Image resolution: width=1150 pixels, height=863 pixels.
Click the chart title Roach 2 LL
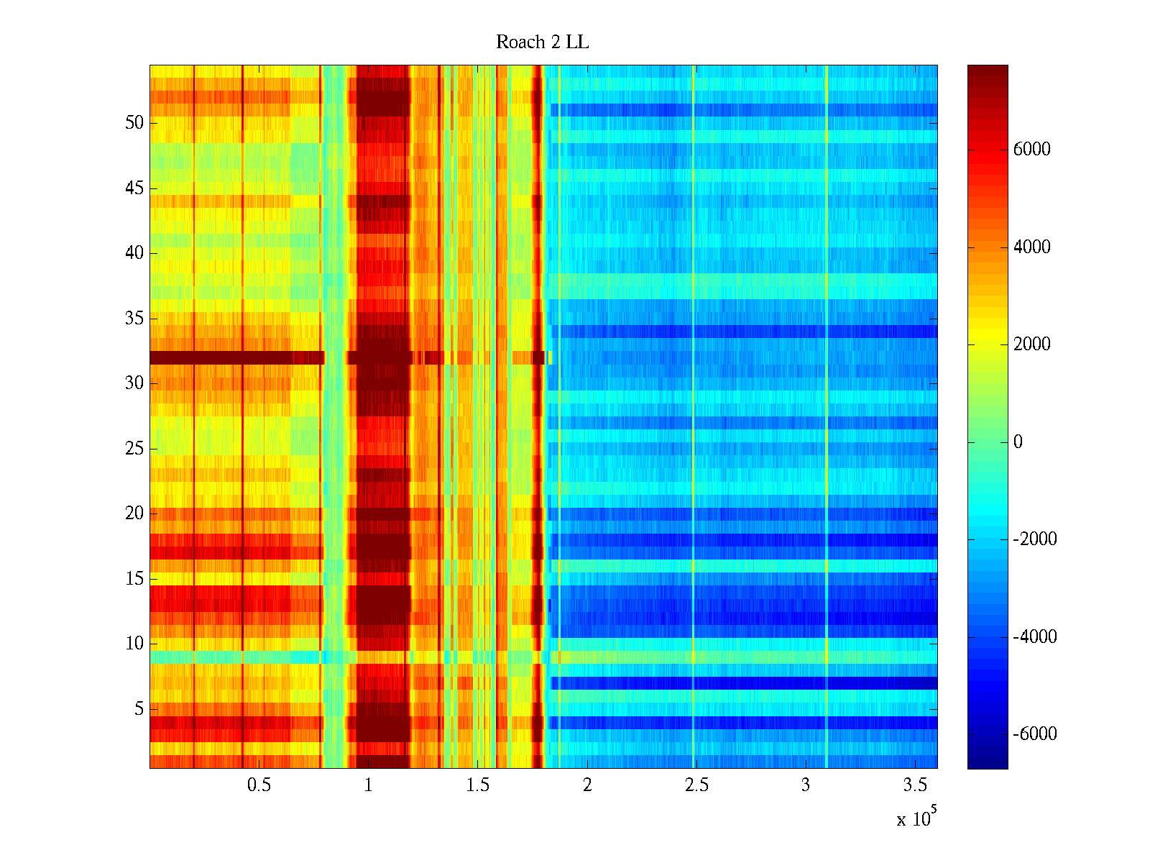click(x=542, y=42)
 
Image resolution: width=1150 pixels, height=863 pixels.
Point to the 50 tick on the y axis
click(x=134, y=123)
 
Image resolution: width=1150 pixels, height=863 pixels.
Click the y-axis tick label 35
click(x=134, y=318)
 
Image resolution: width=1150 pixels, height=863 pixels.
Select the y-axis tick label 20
click(x=134, y=513)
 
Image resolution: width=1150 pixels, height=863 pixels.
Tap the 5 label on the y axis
click(x=139, y=709)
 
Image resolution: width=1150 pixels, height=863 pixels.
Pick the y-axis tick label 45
click(x=134, y=188)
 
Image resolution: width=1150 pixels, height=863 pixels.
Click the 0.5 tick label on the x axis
click(x=259, y=785)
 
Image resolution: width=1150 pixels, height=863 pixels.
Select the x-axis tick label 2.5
click(x=696, y=785)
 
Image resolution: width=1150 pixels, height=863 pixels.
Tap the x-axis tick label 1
click(x=368, y=785)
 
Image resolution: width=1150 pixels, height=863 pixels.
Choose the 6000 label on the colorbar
click(x=1031, y=150)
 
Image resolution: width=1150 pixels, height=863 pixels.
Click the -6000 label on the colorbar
click(x=1034, y=734)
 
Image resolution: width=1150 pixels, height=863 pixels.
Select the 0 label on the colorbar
click(x=1018, y=442)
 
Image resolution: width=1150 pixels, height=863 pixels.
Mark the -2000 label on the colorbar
click(x=1034, y=539)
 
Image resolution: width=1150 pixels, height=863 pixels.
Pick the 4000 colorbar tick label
click(x=1031, y=247)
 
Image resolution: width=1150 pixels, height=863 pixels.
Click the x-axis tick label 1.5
click(x=477, y=785)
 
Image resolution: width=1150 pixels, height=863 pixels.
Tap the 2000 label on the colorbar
click(x=1031, y=344)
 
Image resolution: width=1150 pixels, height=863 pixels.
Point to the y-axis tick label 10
click(x=134, y=644)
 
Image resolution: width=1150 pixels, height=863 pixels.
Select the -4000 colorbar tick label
click(x=1034, y=636)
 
